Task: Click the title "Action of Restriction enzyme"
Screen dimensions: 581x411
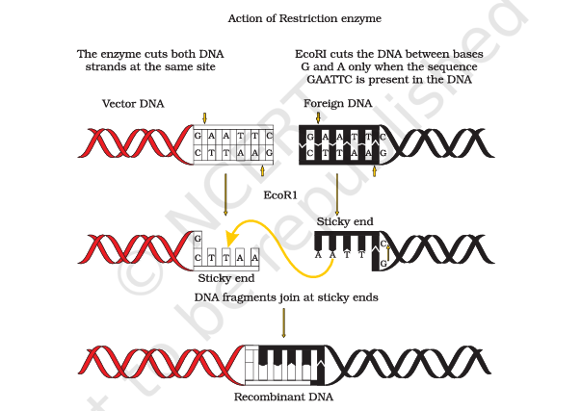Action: click(304, 18)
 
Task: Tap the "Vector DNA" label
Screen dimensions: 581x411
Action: click(133, 104)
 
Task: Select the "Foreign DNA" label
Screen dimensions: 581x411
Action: click(338, 104)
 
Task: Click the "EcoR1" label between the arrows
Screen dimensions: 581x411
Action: click(280, 195)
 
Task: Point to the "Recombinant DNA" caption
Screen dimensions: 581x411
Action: click(284, 397)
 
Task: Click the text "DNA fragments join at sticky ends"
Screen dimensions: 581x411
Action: click(286, 297)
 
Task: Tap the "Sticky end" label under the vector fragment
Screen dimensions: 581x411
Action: click(226, 278)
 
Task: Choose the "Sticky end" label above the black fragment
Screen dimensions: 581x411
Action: click(345, 221)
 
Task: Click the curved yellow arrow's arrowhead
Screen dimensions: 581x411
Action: click(231, 238)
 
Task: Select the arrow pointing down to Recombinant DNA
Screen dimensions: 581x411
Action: click(284, 322)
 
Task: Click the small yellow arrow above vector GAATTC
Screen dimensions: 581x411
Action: click(204, 118)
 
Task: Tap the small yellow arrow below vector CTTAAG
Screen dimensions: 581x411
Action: click(262, 170)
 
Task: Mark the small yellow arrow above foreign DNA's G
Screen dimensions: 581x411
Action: click(318, 117)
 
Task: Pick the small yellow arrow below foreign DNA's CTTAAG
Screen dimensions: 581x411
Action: click(374, 171)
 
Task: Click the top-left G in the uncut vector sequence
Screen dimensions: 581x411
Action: click(198, 136)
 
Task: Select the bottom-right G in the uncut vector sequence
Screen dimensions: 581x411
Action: click(270, 152)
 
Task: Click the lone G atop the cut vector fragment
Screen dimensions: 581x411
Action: click(198, 238)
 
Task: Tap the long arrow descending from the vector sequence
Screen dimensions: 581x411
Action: click(225, 194)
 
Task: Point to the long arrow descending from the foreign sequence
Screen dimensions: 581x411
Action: click(337, 194)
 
